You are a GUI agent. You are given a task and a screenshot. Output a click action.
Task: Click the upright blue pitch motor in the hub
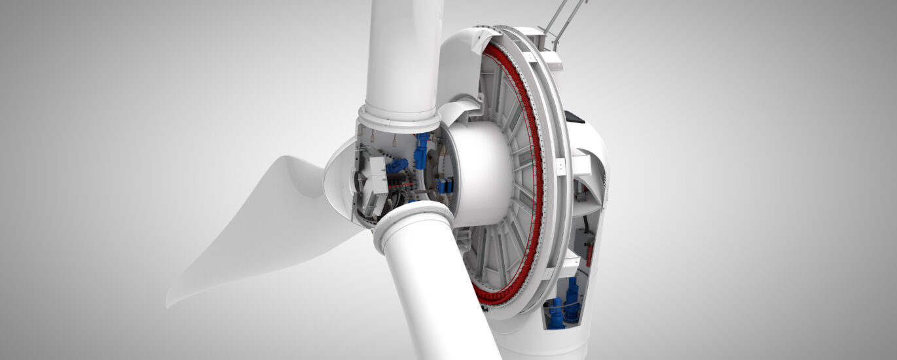point(420,151)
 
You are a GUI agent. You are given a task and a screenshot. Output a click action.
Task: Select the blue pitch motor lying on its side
point(397,166)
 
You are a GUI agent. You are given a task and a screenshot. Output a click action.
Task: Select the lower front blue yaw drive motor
point(556,313)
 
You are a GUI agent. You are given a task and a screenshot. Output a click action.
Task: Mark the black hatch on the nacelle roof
point(575,117)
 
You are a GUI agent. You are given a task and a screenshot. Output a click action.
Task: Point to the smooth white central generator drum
point(481,173)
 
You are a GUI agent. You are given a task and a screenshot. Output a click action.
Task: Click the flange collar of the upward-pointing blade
point(399,118)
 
